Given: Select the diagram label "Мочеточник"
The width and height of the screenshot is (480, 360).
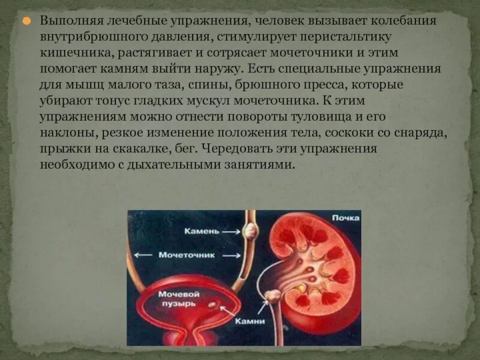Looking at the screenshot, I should click(186, 255).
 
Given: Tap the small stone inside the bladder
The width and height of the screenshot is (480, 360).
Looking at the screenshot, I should click(212, 305).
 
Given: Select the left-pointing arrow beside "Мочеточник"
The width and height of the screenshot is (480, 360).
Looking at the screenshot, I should click(144, 255).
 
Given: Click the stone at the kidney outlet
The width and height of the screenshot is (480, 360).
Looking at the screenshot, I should click(274, 296).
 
